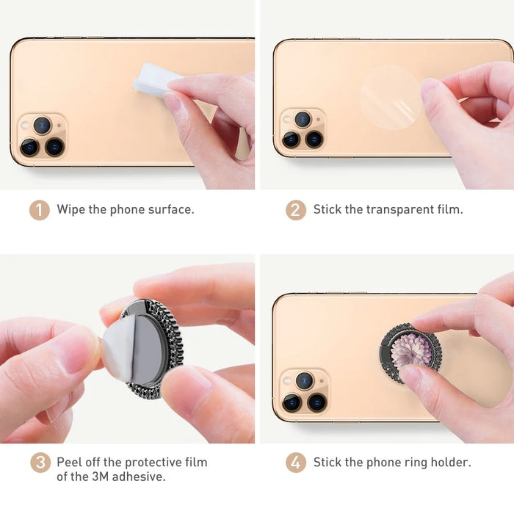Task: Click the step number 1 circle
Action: tap(40, 210)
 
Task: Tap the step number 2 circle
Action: tap(296, 210)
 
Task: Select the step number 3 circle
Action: tap(40, 463)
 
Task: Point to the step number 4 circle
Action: tap(296, 463)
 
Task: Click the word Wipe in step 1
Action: tap(70, 209)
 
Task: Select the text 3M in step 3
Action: tap(100, 477)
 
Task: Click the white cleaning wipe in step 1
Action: tap(154, 80)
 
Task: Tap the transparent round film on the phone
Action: tap(390, 98)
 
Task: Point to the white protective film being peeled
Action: tap(118, 349)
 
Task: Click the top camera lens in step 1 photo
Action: tap(43, 126)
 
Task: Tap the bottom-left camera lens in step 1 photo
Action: tap(29, 147)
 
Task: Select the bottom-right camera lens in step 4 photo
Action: tap(316, 402)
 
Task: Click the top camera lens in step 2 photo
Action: tap(303, 119)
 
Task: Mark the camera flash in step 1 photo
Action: tap(24, 125)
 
